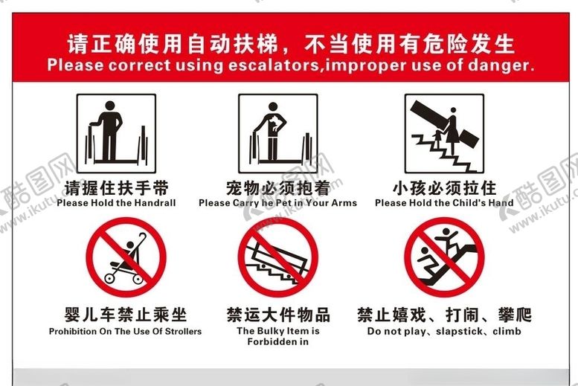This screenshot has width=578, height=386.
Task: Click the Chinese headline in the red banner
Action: (x=290, y=43)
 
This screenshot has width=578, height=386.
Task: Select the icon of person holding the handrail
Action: (x=116, y=133)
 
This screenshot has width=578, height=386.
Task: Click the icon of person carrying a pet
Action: (x=277, y=133)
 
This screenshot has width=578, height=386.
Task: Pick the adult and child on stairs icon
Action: (x=444, y=133)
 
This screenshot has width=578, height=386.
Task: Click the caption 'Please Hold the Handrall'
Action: (x=116, y=203)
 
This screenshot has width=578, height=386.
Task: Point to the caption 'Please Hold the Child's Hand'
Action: (x=444, y=203)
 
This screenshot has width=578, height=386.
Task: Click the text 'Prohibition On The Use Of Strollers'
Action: (x=125, y=332)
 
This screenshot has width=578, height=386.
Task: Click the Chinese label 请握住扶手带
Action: (x=116, y=187)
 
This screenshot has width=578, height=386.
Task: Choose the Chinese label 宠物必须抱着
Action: (x=277, y=187)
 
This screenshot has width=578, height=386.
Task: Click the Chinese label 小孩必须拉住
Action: (x=444, y=187)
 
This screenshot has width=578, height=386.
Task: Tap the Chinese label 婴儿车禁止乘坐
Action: (x=125, y=315)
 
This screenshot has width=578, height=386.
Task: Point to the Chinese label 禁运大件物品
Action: (x=277, y=315)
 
